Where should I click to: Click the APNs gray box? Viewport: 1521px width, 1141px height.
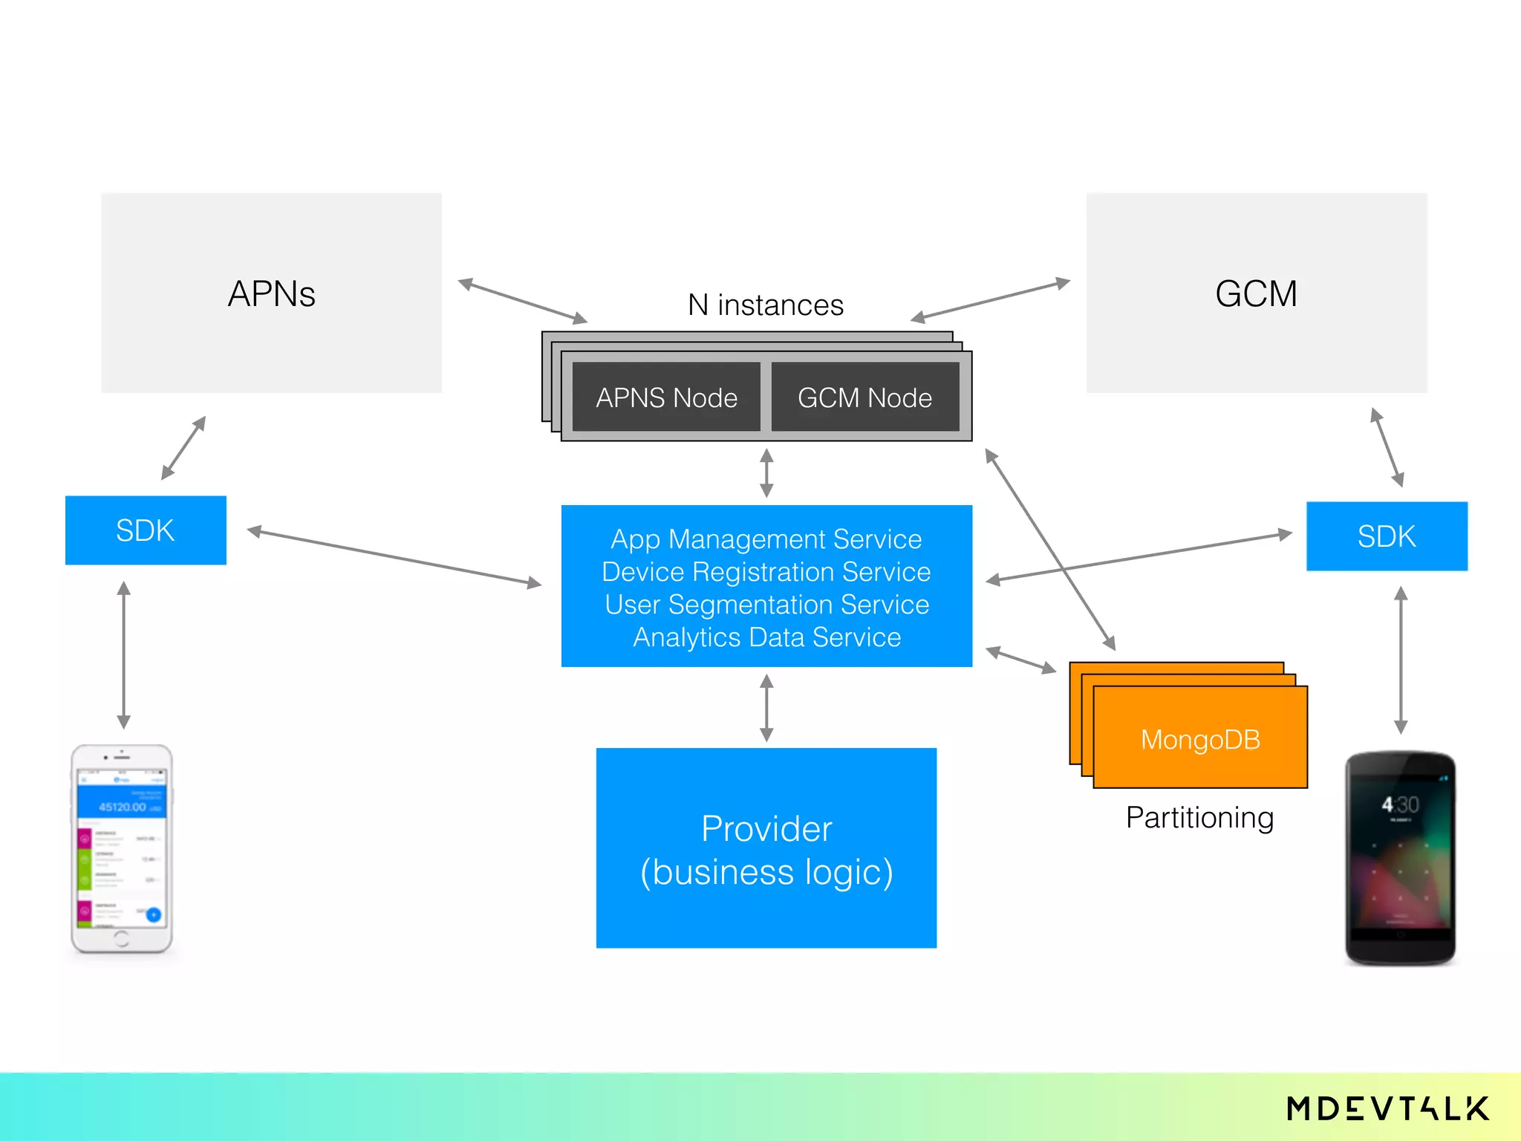pos(271,293)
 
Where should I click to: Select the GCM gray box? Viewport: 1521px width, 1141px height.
pos(1256,293)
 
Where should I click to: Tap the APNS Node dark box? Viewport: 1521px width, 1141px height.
pos(666,397)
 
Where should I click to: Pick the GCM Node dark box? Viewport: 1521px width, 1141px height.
pos(864,397)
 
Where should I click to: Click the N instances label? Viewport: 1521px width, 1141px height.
pos(766,305)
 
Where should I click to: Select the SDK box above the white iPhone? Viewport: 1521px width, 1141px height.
pos(146,530)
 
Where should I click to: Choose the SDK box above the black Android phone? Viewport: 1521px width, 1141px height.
pos(1387,536)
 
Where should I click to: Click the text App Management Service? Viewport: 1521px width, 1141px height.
pos(766,539)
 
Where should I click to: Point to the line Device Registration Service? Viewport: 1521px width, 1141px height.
pos(766,571)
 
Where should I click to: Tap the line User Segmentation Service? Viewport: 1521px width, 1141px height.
pos(766,604)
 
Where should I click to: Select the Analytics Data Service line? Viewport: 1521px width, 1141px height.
pos(766,637)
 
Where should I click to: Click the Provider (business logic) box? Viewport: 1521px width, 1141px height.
pos(766,848)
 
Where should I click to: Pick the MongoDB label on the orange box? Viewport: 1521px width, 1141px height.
pos(1200,739)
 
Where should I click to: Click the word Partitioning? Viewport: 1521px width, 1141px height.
pos(1199,817)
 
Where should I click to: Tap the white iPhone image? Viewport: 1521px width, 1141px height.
pos(122,848)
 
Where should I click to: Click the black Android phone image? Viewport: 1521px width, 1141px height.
pos(1400,858)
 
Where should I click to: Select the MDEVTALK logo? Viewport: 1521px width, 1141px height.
pos(1387,1108)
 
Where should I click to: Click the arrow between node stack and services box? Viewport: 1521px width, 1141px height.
pos(766,472)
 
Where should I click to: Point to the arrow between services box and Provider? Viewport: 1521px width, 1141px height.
pos(766,707)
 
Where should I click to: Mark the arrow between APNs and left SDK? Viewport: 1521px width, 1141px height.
pos(183,448)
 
